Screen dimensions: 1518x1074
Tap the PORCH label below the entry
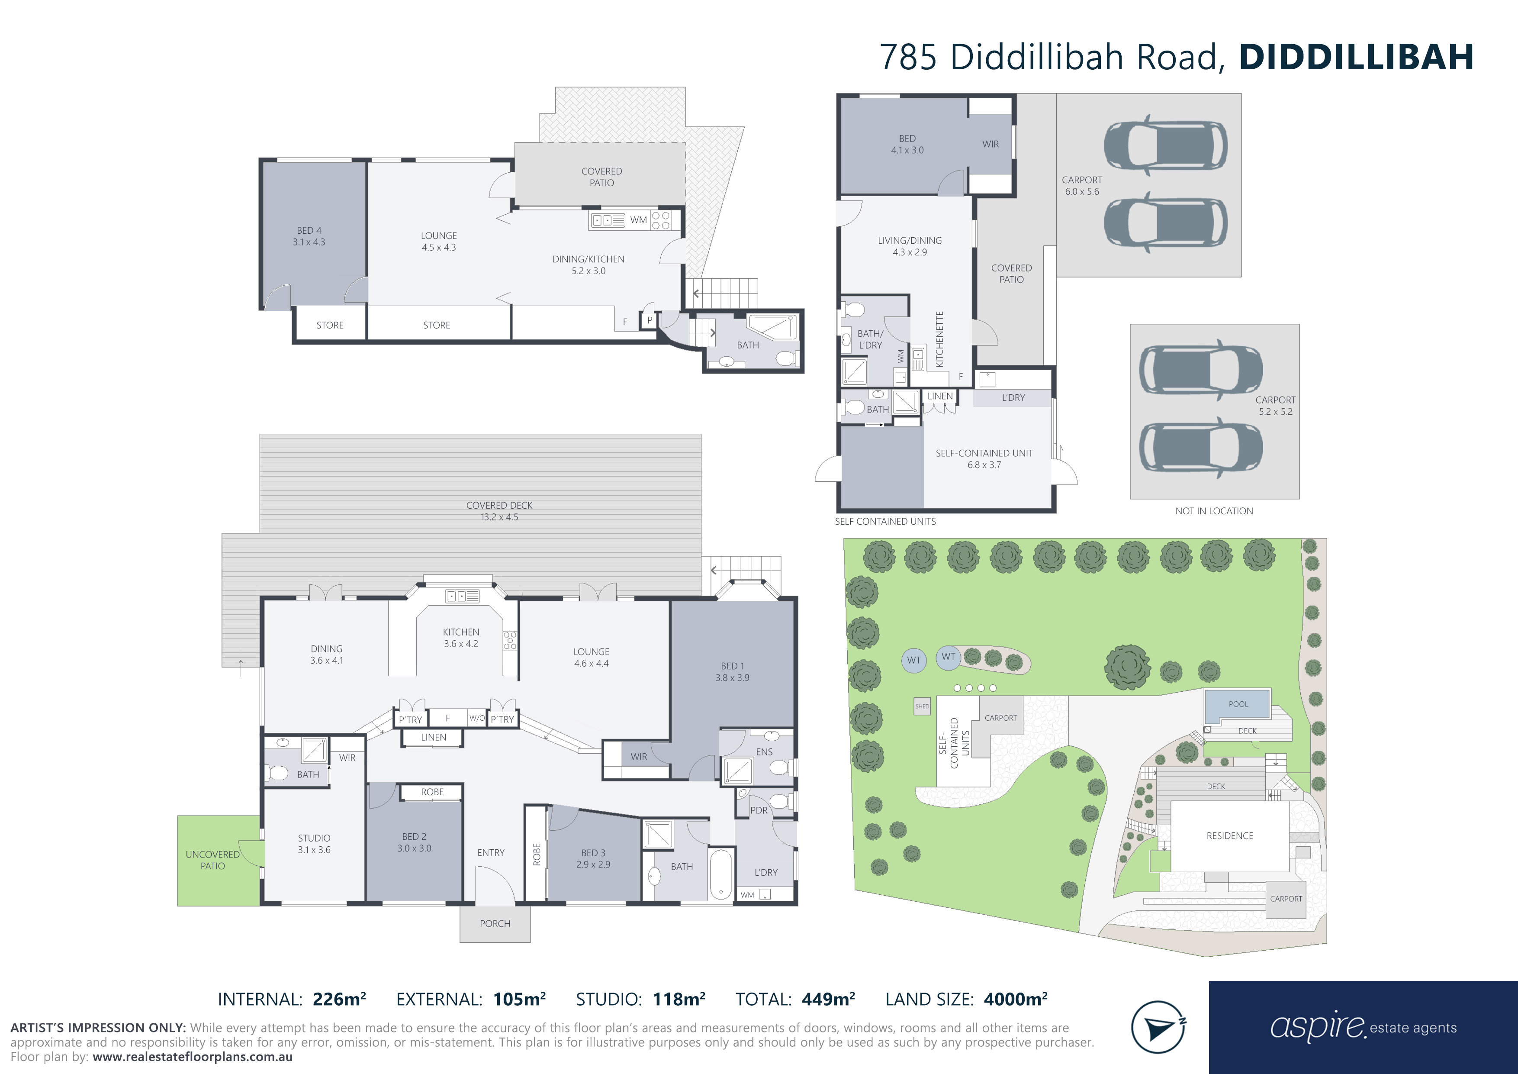pyautogui.click(x=495, y=924)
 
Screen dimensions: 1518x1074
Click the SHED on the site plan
pyautogui.click(x=922, y=706)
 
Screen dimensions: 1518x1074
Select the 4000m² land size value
pyautogui.click(x=1016, y=999)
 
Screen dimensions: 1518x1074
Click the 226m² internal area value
pyautogui.click(x=339, y=999)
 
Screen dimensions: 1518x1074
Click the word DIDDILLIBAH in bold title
pyautogui.click(x=1356, y=57)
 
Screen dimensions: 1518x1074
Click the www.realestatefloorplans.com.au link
pyautogui.click(x=193, y=1057)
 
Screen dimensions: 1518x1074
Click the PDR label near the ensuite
pyautogui.click(x=759, y=810)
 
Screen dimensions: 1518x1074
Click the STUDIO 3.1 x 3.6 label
pyautogui.click(x=314, y=844)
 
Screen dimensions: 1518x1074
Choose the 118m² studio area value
pyautogui.click(x=679, y=999)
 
